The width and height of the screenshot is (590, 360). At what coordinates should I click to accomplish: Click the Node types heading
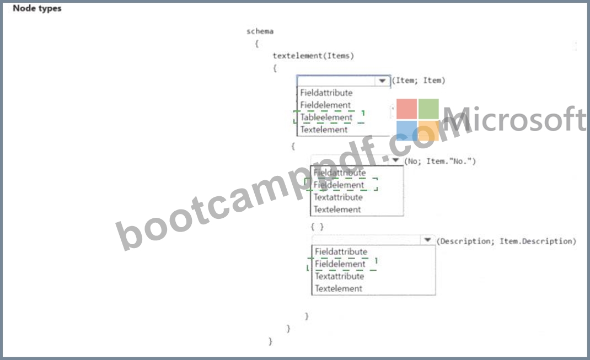coord(37,8)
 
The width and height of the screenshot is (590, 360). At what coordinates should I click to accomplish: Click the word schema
coord(260,31)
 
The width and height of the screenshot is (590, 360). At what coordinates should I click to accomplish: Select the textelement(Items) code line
coord(313,56)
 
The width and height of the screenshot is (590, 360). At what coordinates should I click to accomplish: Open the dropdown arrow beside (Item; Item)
coord(382,80)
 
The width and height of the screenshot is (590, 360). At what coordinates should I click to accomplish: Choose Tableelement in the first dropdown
coord(326,117)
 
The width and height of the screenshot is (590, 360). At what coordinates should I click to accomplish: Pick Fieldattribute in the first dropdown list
coord(326,93)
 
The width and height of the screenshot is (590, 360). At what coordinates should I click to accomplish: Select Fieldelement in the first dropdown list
coord(325,105)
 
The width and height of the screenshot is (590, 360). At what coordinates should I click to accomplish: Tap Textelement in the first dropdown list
coord(324,130)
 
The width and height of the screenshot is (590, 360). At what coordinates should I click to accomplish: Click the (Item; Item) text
coord(419,80)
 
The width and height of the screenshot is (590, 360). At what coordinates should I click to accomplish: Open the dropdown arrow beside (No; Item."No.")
coord(395,160)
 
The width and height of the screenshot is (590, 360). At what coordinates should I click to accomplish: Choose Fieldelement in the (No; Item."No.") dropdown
coord(339,185)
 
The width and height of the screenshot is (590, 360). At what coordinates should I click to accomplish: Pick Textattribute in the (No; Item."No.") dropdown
coord(338,197)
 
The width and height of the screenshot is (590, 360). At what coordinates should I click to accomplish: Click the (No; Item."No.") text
coord(440,162)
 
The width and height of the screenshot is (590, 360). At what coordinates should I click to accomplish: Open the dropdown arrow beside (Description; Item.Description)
coord(427,240)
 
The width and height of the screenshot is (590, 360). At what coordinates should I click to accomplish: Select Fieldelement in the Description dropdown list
coord(340,264)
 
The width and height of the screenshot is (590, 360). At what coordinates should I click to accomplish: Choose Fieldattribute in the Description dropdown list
coord(341,251)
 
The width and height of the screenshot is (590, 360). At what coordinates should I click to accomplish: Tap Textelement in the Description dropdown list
coord(339,288)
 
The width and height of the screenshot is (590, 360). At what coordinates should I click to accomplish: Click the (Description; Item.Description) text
coord(506,241)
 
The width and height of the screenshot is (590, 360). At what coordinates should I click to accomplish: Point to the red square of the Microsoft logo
coord(407,109)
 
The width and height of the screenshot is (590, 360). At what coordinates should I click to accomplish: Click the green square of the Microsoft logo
coord(428,109)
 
